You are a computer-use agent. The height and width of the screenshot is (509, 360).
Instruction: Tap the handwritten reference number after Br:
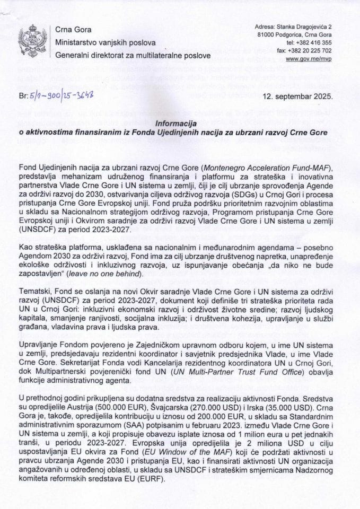pyautogui.click(x=63, y=96)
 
